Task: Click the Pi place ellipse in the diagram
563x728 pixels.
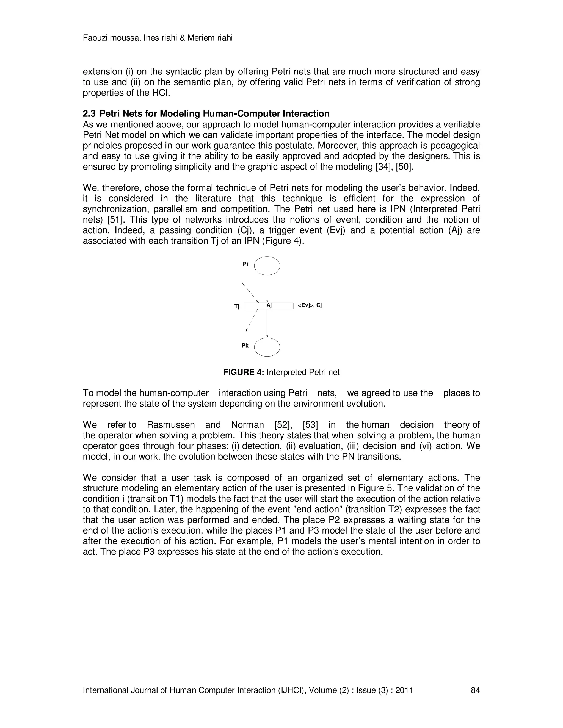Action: (267, 266)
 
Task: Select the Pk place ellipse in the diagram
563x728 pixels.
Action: (267, 347)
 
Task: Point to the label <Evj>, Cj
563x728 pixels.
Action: (310, 305)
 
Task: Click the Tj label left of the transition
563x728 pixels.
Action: (237, 307)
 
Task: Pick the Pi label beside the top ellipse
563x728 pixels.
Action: (245, 264)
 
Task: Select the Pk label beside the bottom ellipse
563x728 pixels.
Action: (245, 346)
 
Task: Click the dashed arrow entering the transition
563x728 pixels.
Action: (250, 293)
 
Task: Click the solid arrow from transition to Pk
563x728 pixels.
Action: (267, 323)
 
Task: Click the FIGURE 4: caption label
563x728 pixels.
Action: (244, 372)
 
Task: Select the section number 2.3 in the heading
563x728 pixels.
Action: (89, 114)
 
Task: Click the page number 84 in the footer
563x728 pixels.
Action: (475, 690)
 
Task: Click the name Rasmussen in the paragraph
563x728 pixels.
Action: (171, 425)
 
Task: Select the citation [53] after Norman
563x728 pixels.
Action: (310, 425)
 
